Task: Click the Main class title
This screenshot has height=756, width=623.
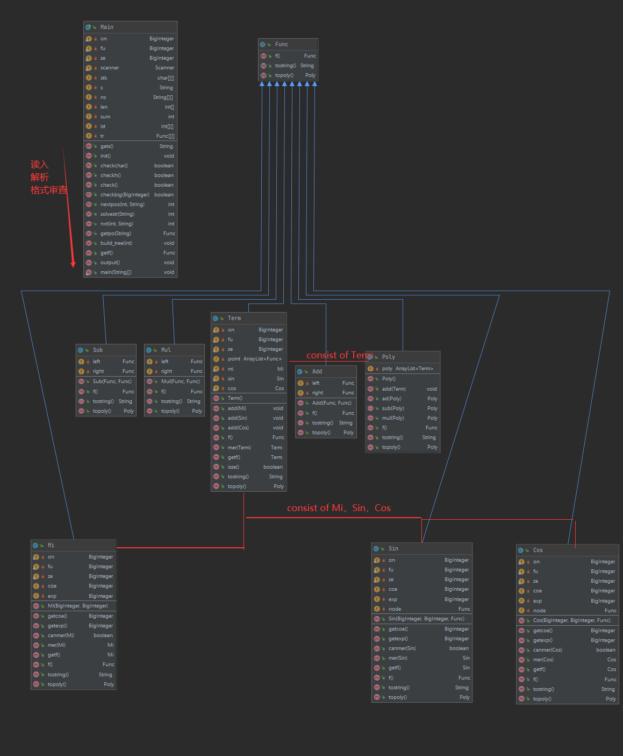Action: pos(107,27)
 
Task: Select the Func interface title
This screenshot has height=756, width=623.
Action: pos(281,44)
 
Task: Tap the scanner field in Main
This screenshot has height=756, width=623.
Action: pos(110,68)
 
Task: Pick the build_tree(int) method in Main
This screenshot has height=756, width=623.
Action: pos(116,243)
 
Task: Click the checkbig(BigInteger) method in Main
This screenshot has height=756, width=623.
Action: pos(125,195)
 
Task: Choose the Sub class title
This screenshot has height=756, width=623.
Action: pos(98,350)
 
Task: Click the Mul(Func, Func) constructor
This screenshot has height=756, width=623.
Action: pos(180,381)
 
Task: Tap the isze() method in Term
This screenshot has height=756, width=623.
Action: pos(233,467)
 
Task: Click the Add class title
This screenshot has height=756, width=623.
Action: pos(317,371)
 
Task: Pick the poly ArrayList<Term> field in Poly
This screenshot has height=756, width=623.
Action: pos(407,369)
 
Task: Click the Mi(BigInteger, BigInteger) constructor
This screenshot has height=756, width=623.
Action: pos(77,606)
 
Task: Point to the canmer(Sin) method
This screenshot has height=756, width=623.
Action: pos(402,648)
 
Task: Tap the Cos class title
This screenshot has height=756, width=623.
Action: pos(538,550)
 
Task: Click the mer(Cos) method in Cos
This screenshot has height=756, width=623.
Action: pos(543,660)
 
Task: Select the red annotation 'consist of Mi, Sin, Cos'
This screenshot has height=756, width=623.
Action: pos(339,508)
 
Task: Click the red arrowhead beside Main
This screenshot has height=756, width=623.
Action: pos(73,264)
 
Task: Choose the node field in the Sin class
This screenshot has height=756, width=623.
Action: pos(395,609)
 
